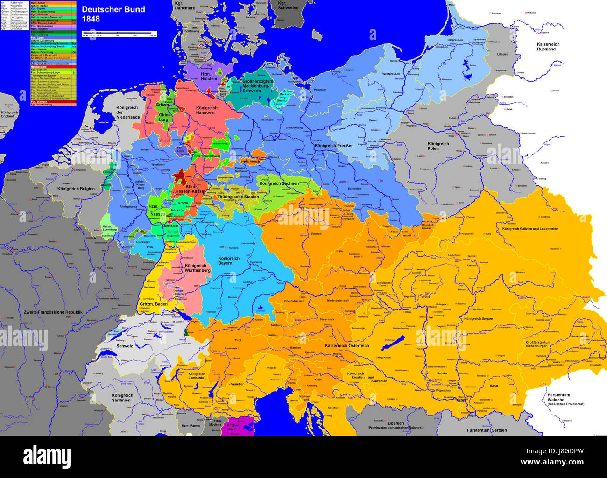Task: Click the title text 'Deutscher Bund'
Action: tap(113, 9)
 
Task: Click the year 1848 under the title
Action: tap(91, 20)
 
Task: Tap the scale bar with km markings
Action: tap(120, 34)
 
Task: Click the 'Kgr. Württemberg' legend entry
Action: tap(53, 105)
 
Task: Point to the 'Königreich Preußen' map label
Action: tap(334, 146)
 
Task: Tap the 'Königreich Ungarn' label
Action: tap(479, 319)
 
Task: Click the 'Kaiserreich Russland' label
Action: tap(548, 47)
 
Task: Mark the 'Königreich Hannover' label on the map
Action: tap(205, 110)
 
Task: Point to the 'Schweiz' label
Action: tap(125, 346)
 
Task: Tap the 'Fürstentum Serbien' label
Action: tap(487, 430)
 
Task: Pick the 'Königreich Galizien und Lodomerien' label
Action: tap(530, 229)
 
